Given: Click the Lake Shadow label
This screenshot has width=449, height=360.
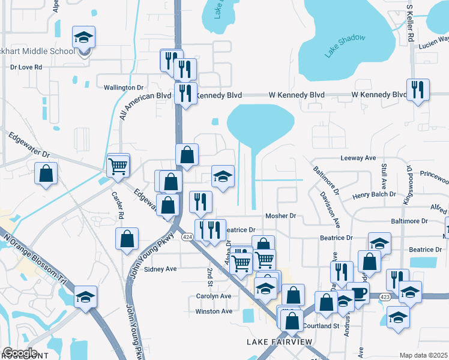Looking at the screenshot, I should [x=345, y=46].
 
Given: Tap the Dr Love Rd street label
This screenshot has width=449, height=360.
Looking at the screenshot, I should [x=26, y=67].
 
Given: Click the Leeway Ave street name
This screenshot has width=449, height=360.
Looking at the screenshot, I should [x=358, y=158].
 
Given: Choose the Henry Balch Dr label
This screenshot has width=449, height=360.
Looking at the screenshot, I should [x=374, y=194].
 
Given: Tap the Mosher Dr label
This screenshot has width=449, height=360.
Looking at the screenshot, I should [x=281, y=216].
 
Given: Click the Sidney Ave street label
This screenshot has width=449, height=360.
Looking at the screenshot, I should [x=160, y=269].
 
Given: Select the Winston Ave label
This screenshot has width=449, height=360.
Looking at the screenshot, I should [x=214, y=311].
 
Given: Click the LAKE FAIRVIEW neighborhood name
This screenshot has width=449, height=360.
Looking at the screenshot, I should [x=280, y=342].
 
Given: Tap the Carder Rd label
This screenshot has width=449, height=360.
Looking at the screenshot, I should [x=118, y=205].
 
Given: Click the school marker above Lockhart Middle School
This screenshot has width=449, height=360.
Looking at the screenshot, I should [x=83, y=38].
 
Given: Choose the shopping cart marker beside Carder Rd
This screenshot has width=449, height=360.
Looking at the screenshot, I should [x=118, y=165].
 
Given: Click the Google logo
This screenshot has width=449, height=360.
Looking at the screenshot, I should [x=20, y=353].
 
